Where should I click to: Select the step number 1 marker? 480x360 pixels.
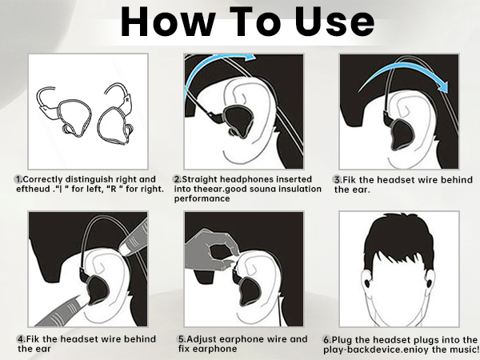point(18,178)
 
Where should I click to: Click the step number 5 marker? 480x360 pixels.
point(182,339)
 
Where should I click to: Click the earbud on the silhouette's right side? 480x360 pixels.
point(441,285)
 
